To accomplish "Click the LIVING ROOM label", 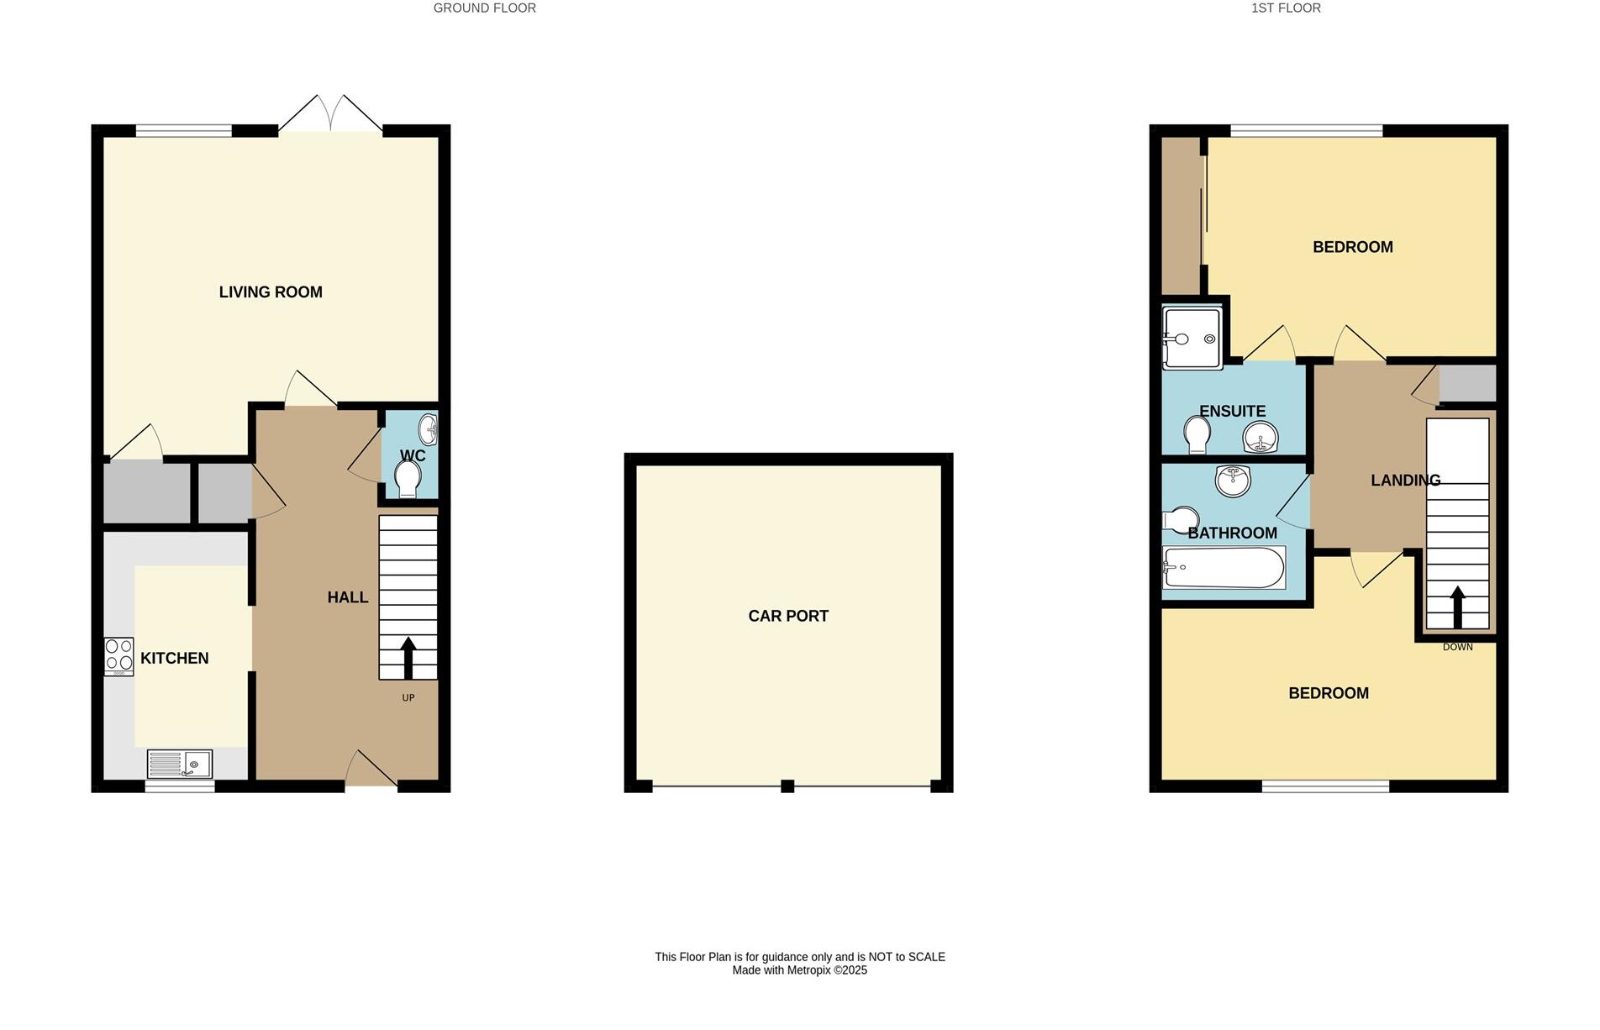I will [271, 292].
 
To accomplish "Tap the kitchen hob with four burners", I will [118, 656].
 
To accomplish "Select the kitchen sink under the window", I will [180, 764].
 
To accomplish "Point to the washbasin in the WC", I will [429, 428].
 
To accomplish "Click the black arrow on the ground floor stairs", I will [408, 658].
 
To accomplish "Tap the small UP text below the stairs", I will [408, 698].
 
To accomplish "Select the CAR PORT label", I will [788, 616].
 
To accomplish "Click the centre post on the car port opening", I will [787, 786].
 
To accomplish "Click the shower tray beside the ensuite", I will [1192, 339].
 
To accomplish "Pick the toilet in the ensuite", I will [1197, 435].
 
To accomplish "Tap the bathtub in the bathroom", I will [1224, 568].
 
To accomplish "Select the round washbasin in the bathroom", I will [1233, 481].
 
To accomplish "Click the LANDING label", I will [1405, 481].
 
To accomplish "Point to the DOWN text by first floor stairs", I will [1457, 647].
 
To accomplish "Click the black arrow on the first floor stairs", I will [1457, 607].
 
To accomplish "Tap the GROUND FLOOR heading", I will [484, 8].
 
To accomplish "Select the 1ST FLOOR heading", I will [1286, 8].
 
